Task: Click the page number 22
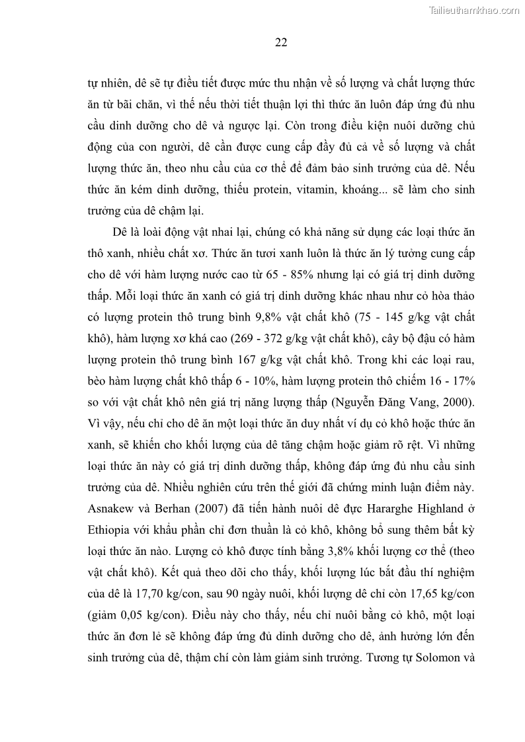coord(280,43)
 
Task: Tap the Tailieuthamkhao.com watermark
coord(475,10)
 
